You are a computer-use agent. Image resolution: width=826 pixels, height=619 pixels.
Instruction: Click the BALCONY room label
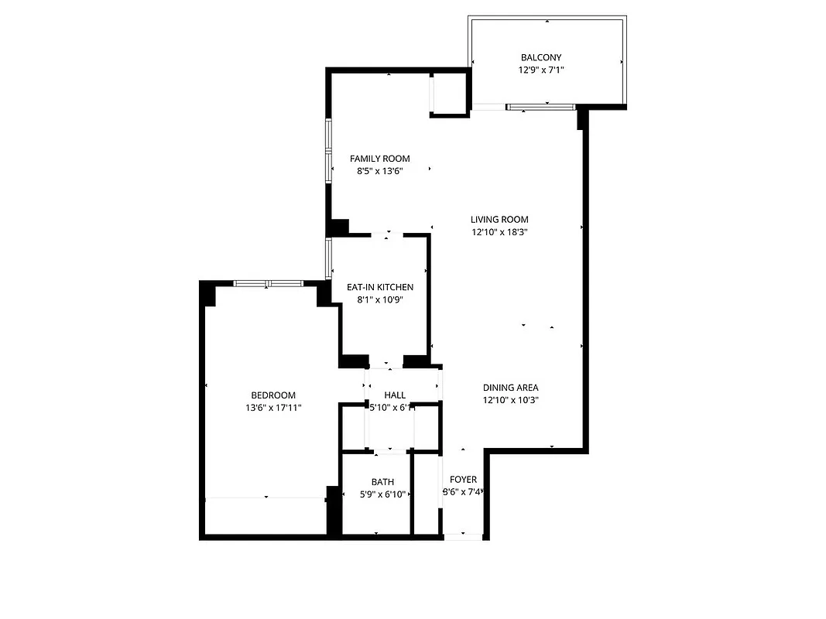(541, 57)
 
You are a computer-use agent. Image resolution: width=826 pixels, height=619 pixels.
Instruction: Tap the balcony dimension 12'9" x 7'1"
(541, 70)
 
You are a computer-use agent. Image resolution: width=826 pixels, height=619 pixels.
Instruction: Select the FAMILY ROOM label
(379, 159)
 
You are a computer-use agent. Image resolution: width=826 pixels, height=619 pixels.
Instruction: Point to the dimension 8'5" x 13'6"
(379, 171)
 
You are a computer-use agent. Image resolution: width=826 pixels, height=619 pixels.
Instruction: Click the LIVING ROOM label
(499, 219)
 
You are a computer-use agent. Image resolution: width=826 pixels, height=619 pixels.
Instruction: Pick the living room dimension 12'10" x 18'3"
(499, 231)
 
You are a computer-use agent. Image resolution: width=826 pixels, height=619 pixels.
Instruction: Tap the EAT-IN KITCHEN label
(379, 287)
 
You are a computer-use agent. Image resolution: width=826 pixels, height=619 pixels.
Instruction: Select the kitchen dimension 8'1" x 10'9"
(379, 299)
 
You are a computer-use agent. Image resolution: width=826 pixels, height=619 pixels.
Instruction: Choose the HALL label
(395, 395)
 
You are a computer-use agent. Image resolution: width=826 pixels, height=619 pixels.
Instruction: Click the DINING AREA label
(510, 388)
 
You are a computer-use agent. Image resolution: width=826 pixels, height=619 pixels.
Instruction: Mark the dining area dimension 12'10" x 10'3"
(510, 400)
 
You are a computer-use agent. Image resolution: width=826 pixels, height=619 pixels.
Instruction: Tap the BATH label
(382, 482)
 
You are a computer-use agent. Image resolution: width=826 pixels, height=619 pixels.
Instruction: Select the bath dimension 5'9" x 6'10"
(382, 494)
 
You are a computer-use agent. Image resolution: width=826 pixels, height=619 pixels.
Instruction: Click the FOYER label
(463, 480)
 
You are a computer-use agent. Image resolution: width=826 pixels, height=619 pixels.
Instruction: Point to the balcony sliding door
(540, 106)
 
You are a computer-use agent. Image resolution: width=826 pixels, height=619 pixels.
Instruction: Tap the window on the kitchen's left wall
(329, 258)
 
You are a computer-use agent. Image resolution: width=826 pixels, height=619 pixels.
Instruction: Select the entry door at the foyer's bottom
(463, 535)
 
